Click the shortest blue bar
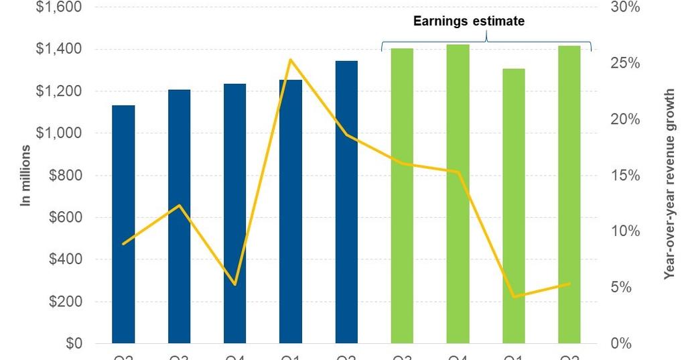point(123,224)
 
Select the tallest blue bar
point(346,202)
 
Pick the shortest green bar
point(514,206)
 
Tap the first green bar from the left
point(402,196)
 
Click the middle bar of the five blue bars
point(234,213)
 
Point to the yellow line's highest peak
point(290,60)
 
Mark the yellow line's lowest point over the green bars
point(514,296)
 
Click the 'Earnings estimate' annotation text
point(468,21)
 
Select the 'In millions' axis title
point(26,175)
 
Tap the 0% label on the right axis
point(621,343)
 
